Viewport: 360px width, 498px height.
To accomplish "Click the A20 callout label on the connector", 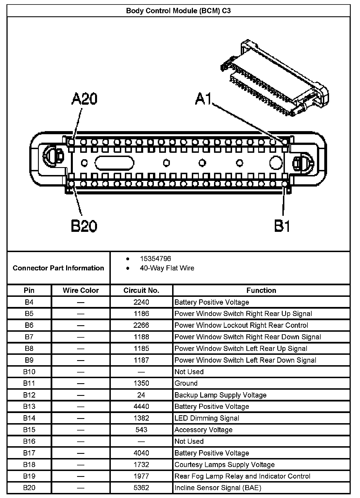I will click(x=85, y=99).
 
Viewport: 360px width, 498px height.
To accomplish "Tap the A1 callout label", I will click(x=203, y=99).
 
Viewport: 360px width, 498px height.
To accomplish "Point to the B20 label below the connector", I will click(x=84, y=226).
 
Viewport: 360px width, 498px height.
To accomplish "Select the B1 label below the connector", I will click(x=282, y=226).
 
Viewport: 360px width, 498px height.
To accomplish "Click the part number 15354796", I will click(x=155, y=259).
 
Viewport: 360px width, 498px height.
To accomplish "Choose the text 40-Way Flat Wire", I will click(x=167, y=268).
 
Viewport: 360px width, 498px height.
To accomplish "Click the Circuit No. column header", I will click(x=141, y=290).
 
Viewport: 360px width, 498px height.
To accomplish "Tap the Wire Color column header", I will click(x=81, y=290).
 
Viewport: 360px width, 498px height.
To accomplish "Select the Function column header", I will click(x=261, y=290).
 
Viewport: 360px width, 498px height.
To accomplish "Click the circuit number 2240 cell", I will click(x=141, y=302).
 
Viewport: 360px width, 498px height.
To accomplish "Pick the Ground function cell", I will click(x=186, y=383).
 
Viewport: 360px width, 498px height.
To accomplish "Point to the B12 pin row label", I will click(x=29, y=395).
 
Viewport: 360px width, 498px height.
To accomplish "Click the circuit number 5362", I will click(x=141, y=488).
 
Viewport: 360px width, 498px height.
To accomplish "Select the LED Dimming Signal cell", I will click(x=207, y=418).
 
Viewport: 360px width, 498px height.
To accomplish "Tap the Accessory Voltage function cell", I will click(x=203, y=430).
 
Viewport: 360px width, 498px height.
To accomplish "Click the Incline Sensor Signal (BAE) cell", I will click(x=218, y=488).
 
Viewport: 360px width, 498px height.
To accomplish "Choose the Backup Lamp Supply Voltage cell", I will click(x=220, y=395).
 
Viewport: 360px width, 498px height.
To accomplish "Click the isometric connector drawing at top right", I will click(x=274, y=77).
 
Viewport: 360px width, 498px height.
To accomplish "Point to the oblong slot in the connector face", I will click(x=114, y=163).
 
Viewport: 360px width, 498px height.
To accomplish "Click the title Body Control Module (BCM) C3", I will click(x=178, y=11).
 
